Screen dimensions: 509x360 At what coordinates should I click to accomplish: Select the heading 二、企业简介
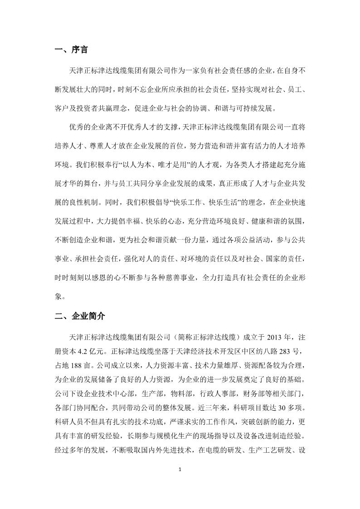[80, 316]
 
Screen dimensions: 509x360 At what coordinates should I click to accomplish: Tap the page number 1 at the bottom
[180, 481]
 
